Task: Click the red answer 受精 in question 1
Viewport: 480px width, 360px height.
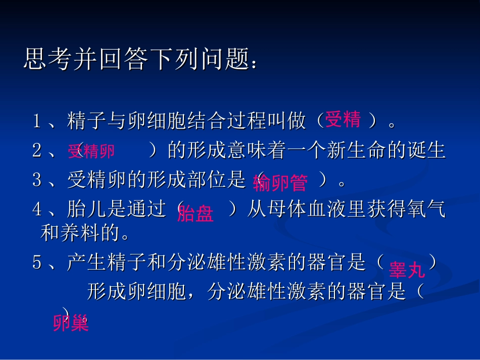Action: [x=343, y=120]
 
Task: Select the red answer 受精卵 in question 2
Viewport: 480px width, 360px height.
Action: [x=91, y=151]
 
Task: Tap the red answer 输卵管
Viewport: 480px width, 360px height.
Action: [x=280, y=183]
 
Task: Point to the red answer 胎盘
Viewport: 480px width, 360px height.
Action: [x=195, y=214]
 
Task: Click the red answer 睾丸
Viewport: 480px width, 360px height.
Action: [x=407, y=271]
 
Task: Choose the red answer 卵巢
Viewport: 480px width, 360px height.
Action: [x=71, y=323]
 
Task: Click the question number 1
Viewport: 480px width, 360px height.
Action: [x=37, y=121]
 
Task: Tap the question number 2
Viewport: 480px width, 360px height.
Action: [x=37, y=151]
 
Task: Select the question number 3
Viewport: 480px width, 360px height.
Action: [x=37, y=181]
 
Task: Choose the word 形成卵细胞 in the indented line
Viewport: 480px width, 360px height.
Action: [x=137, y=292]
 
